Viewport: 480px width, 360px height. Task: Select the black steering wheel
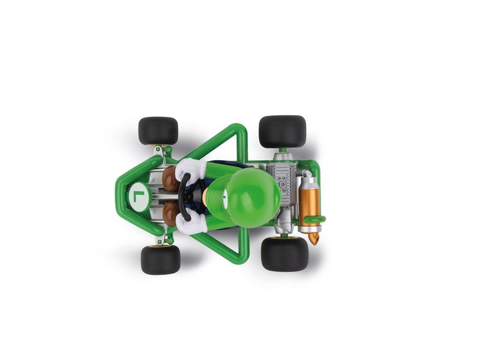point(187,196)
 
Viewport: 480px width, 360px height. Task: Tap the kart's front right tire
point(158,131)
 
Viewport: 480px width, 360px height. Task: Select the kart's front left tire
point(160,260)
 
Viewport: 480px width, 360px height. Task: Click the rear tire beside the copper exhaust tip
point(284,254)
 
